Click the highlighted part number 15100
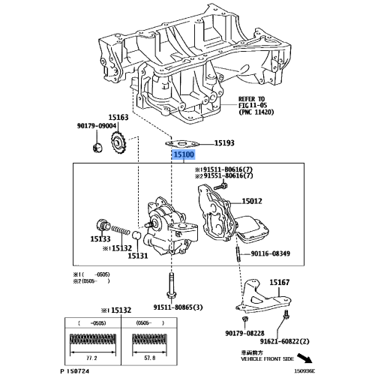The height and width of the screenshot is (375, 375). point(184,155)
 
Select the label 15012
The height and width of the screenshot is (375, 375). point(252,202)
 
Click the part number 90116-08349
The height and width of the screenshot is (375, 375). point(270,254)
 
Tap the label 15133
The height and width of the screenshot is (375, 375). point(100,239)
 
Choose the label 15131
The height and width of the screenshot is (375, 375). point(137,256)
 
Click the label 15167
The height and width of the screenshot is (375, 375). point(279,282)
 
